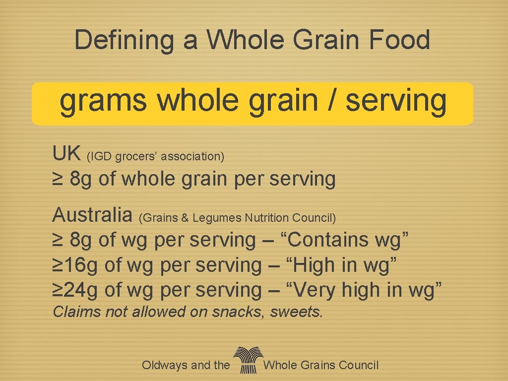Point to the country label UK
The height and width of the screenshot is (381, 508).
point(66,154)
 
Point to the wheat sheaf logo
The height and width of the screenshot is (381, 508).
point(247,359)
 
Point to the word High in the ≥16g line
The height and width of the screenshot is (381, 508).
point(316,265)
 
